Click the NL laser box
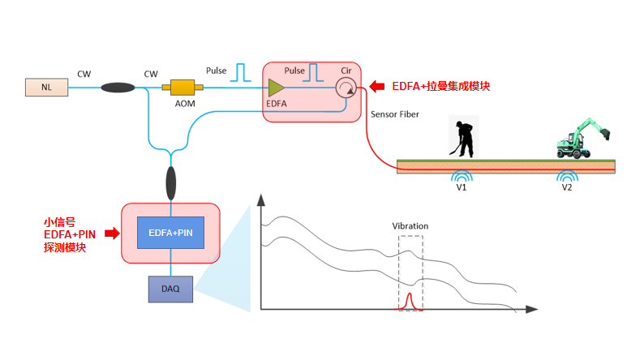[46, 87]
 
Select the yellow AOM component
[183, 87]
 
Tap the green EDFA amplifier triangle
[276, 88]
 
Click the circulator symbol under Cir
[346, 88]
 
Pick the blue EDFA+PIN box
[171, 233]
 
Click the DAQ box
[171, 289]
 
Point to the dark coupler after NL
[118, 87]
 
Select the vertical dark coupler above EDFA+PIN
[171, 183]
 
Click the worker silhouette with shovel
[462, 139]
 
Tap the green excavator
[583, 139]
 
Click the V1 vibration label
[462, 187]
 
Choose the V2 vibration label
[567, 187]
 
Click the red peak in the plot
[409, 301]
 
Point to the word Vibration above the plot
[410, 226]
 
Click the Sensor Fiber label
[395, 114]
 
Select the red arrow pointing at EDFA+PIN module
[113, 233]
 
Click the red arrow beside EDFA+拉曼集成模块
[376, 86]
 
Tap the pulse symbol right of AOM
[240, 72]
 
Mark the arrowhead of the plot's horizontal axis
[532, 309]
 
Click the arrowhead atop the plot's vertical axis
[261, 199]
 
